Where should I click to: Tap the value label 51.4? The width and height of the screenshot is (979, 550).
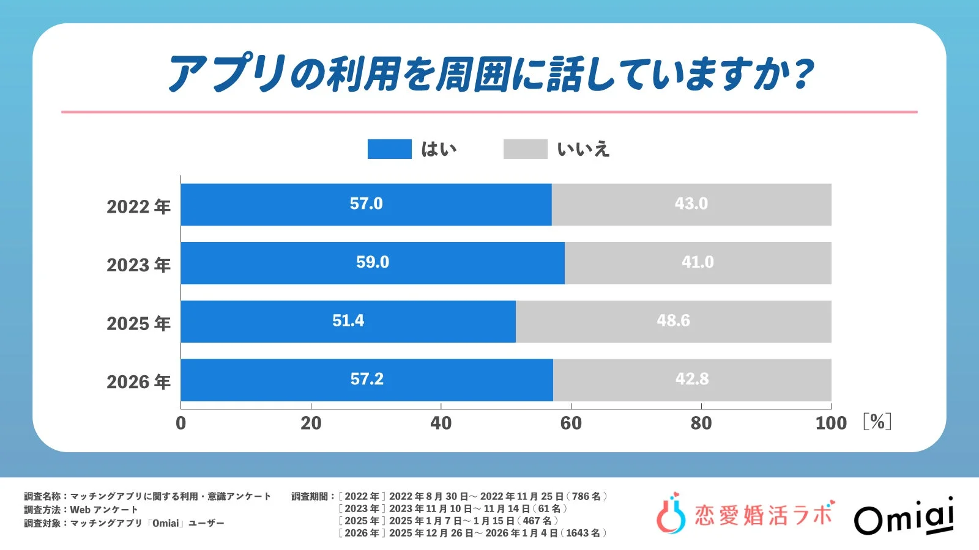(348, 321)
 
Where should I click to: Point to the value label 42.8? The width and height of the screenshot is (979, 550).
(692, 380)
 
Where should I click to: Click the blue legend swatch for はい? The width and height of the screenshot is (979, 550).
(389, 149)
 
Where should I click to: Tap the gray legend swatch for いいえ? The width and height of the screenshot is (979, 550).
(525, 149)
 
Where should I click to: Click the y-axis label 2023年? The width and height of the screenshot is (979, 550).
(138, 265)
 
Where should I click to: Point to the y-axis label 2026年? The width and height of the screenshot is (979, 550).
(138, 382)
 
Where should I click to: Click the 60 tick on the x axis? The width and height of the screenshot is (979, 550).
(571, 423)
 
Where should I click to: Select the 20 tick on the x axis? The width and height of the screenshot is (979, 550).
(311, 423)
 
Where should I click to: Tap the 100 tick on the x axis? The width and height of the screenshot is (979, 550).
(830, 423)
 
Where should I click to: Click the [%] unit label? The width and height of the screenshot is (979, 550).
(877, 422)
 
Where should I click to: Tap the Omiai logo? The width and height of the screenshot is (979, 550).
(904, 516)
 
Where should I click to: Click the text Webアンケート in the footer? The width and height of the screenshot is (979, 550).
(104, 510)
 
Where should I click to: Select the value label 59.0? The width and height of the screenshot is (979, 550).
(373, 262)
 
